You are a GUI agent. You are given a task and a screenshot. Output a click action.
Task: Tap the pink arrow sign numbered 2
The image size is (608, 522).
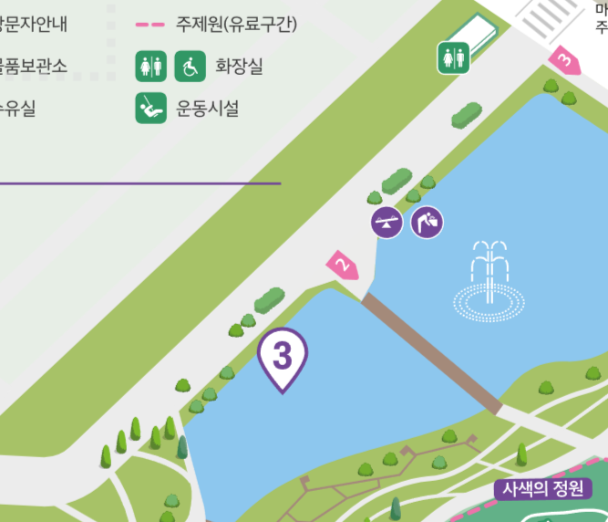(343, 266)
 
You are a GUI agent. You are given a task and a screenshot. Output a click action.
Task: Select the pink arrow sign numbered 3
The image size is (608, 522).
(565, 61)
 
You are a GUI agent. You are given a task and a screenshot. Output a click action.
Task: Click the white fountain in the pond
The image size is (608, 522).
(490, 283)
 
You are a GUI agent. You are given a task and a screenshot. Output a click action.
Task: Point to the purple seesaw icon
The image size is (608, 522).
(386, 222)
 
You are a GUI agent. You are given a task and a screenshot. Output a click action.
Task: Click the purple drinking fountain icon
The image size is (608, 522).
(428, 222)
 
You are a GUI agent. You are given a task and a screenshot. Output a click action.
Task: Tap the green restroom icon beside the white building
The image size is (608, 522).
(453, 57)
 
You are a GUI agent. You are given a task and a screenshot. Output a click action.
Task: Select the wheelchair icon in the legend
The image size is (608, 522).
(190, 66)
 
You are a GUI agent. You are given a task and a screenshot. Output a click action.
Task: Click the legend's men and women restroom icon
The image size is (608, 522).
(151, 66)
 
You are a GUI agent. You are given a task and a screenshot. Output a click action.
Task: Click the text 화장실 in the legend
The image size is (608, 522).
(239, 67)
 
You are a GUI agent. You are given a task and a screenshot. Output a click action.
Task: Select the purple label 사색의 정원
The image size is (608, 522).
(543, 488)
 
